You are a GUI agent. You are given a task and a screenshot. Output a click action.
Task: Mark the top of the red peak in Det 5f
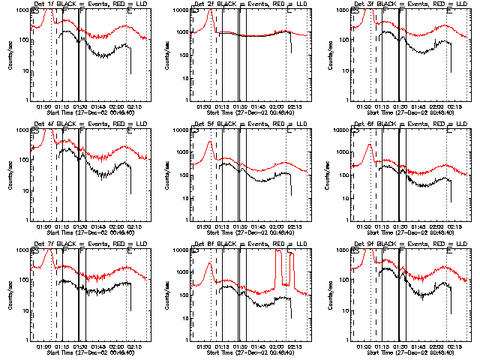point(211,141)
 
